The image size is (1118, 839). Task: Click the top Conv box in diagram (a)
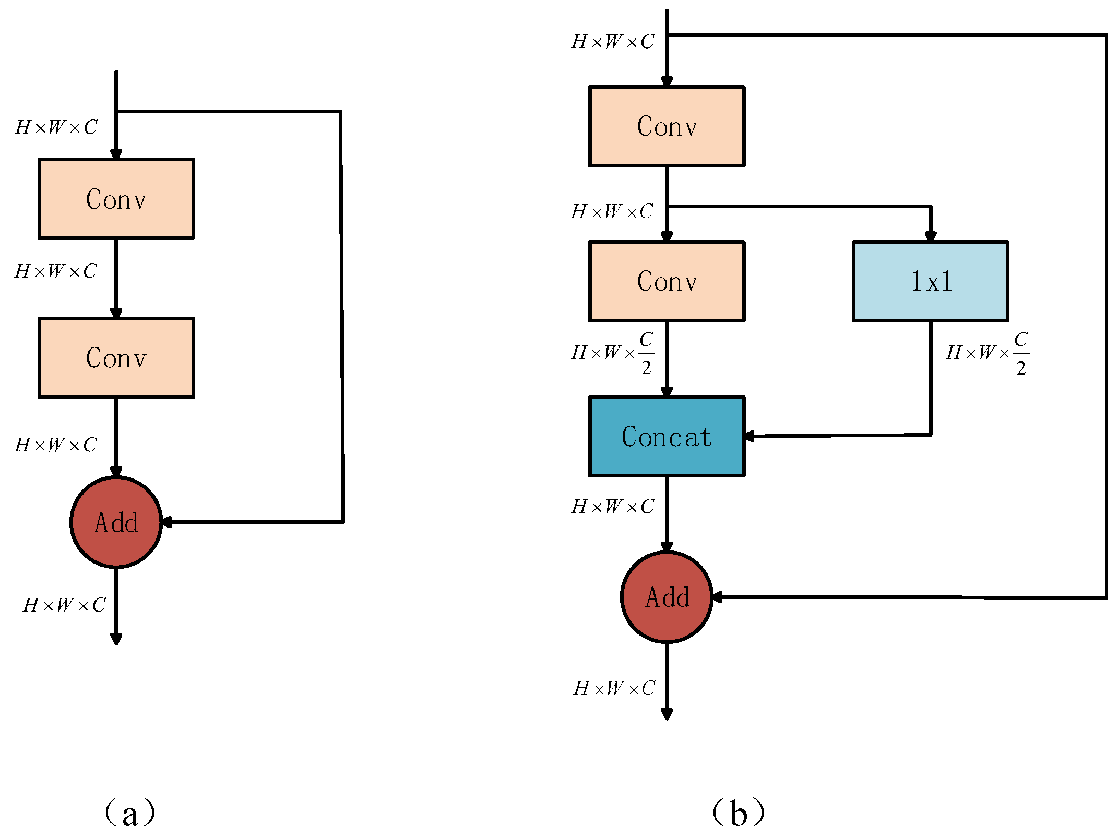coord(116,199)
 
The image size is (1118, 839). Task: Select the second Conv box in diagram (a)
coord(116,357)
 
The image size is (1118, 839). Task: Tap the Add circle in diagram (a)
coord(116,522)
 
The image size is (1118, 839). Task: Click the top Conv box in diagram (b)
coord(667,126)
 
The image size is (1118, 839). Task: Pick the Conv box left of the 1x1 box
coord(667,281)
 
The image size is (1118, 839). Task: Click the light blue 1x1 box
coord(930,281)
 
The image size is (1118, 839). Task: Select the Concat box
coord(667,436)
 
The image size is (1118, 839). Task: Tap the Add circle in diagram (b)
coord(667,597)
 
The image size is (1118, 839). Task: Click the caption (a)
coord(129,813)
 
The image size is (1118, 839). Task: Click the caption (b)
coord(738,813)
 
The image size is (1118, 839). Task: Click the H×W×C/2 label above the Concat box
coord(613,353)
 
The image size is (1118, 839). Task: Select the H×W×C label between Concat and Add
coord(612,506)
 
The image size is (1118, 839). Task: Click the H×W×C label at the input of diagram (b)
coord(612,42)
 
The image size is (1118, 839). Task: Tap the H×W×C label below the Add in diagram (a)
coord(64,605)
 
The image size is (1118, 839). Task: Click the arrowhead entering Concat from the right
coord(750,436)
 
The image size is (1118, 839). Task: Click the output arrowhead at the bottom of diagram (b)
coord(667,714)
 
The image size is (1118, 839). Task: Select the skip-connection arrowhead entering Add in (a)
coord(166,522)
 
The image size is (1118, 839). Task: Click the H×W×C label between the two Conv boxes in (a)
coord(56,271)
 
